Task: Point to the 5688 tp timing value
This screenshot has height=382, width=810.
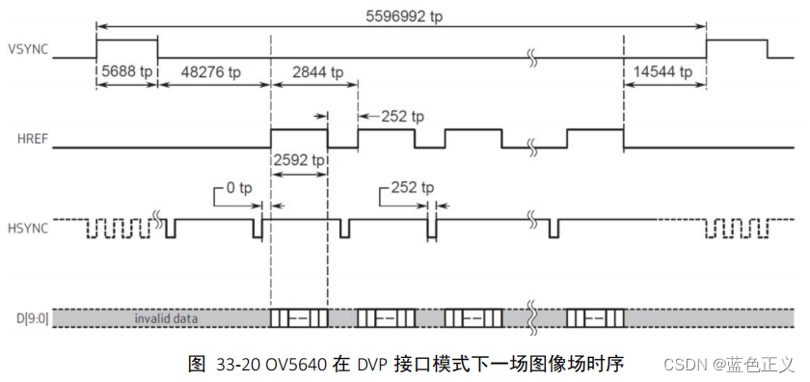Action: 127,72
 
